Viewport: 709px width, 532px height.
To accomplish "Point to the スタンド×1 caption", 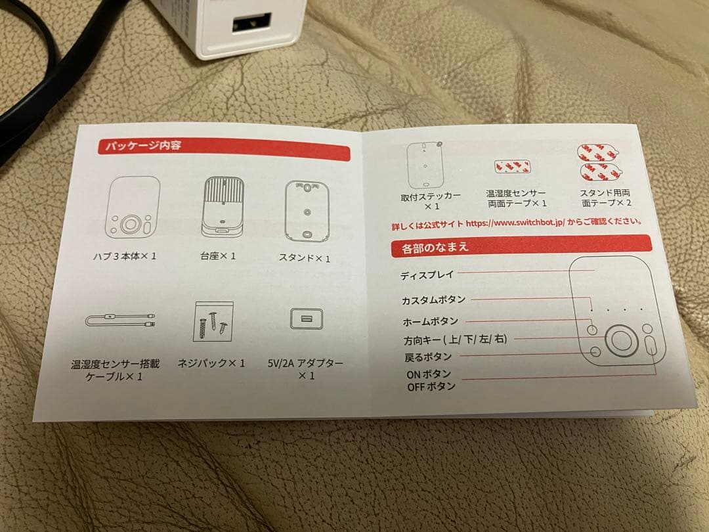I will click(304, 258).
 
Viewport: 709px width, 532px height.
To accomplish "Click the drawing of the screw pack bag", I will click(213, 322).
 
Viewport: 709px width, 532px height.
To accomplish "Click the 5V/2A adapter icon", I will click(307, 319).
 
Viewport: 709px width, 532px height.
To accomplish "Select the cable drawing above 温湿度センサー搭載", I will click(120, 321).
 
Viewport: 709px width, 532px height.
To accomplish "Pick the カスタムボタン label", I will click(433, 299).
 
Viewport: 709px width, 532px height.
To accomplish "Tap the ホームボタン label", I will click(431, 321).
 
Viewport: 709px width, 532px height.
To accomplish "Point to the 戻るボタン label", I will click(428, 357).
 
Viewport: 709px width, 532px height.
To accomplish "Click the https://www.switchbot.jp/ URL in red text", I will click(514, 223).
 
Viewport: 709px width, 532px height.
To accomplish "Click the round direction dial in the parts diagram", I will click(621, 340).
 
